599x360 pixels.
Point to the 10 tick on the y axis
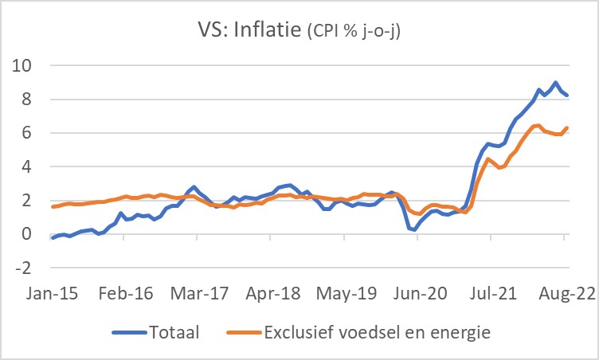[29, 66]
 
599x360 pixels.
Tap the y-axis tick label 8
[33, 100]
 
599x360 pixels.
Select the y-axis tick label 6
[33, 134]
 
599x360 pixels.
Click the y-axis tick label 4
[33, 167]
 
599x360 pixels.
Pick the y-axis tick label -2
[29, 268]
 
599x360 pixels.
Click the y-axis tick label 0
[33, 235]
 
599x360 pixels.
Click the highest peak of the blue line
[555, 83]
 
